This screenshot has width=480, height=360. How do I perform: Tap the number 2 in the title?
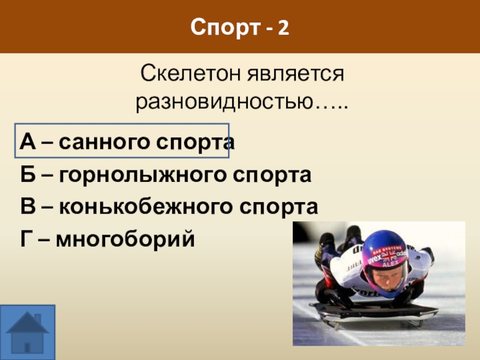pos(283,26)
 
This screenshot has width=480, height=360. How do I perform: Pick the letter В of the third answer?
pos(28,207)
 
